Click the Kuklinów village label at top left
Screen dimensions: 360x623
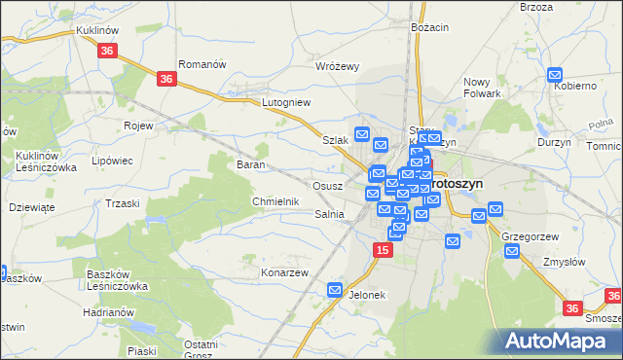[x=96, y=31]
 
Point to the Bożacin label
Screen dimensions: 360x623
[x=429, y=28]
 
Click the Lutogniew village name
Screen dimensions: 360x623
[x=285, y=101]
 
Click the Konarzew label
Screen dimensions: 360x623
[x=284, y=272]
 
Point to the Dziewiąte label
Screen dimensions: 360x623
[x=32, y=206]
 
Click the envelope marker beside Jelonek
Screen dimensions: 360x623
[x=335, y=290]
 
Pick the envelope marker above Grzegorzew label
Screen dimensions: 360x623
[x=495, y=209]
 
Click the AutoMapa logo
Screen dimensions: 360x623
[x=561, y=341]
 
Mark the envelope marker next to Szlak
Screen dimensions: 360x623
[x=362, y=134]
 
